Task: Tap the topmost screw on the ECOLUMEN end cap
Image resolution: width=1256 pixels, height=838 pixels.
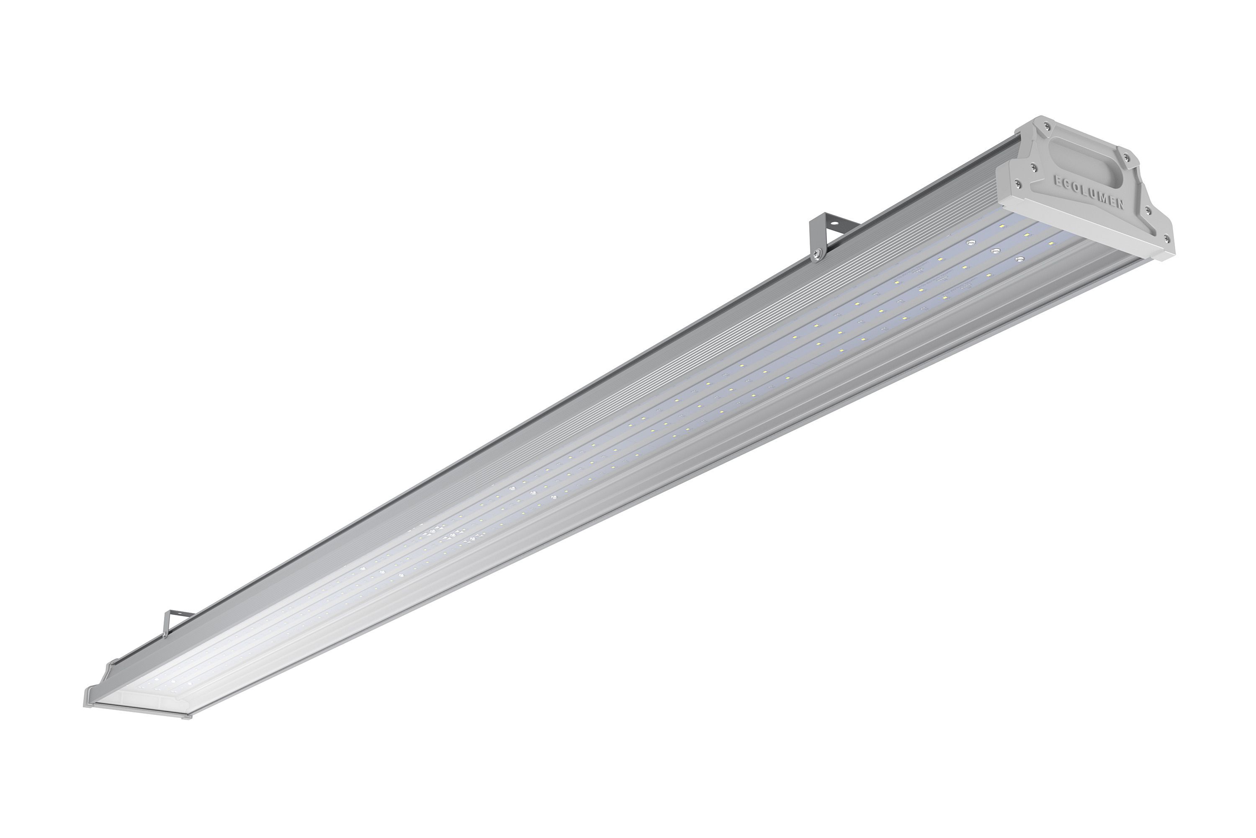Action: coord(1047,126)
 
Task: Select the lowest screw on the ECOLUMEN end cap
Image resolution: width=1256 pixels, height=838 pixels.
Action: coord(1167,238)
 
